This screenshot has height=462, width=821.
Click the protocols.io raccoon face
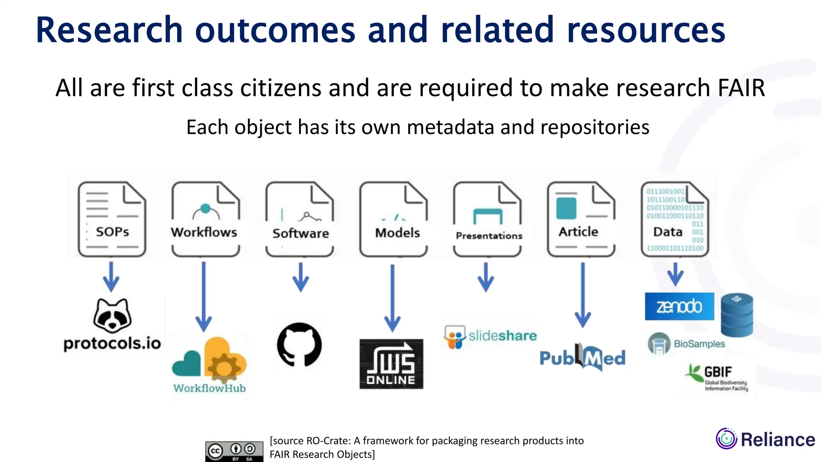tap(112, 316)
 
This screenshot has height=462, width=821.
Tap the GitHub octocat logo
tap(299, 345)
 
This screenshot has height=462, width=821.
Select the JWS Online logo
tap(391, 364)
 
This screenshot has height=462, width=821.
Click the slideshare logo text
tap(502, 336)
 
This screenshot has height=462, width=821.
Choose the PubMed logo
tap(582, 357)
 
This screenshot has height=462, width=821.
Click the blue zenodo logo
tap(679, 306)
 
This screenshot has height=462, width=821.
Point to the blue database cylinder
tap(737, 315)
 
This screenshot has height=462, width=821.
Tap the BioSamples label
tap(699, 344)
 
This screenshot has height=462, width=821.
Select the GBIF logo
tap(717, 377)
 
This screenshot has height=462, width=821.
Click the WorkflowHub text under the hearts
tap(209, 388)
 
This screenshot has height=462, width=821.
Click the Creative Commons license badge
tap(234, 452)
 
